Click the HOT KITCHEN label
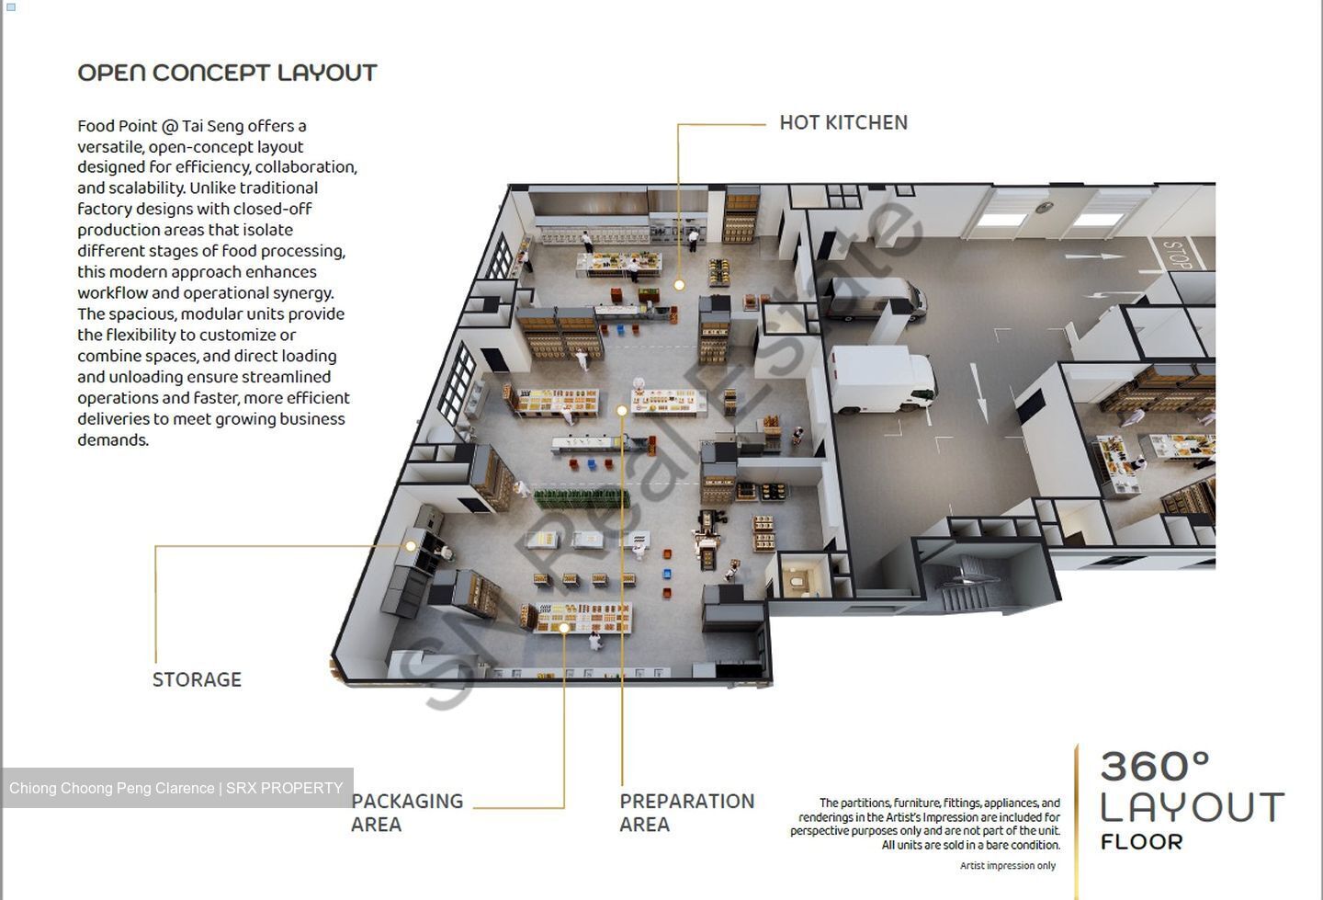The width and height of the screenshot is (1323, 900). (843, 123)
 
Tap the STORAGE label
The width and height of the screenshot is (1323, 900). (198, 679)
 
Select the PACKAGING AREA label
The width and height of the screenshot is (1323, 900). (408, 813)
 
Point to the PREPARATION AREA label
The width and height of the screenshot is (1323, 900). (687, 813)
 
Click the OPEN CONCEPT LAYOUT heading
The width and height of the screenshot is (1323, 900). (228, 73)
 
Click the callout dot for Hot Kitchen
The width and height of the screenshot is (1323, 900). (679, 285)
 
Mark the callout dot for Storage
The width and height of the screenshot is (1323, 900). (411, 546)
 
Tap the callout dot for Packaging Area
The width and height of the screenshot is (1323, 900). (564, 628)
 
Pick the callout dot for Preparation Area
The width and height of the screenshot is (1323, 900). (621, 410)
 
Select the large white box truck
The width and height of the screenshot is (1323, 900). (881, 380)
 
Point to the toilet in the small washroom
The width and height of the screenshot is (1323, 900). (797, 580)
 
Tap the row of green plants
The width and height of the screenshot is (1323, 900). (582, 498)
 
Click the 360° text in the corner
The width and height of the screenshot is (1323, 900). (1155, 767)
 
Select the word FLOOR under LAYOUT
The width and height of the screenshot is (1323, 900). (1142, 842)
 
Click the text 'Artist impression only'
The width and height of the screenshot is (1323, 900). (1008, 866)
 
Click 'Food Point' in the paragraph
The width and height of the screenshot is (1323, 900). (118, 127)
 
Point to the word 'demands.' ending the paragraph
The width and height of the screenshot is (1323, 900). (113, 440)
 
